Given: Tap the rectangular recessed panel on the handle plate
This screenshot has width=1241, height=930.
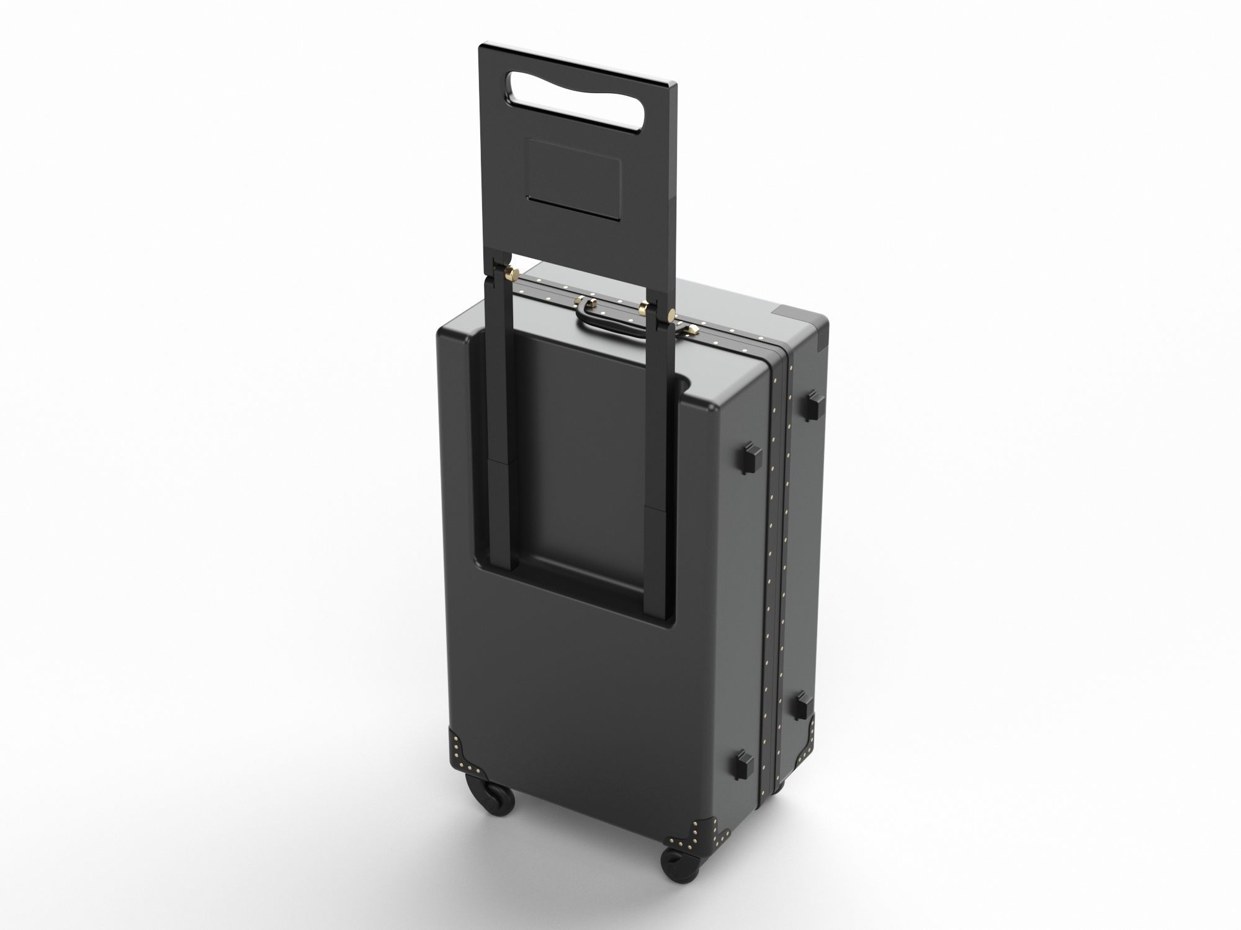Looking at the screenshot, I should point(573,177).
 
